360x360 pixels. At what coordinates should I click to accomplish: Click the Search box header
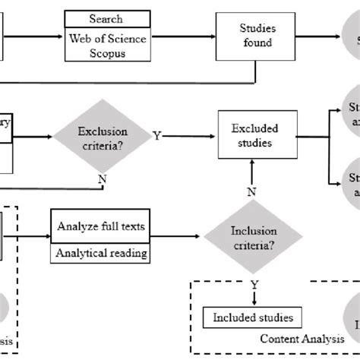click(105, 18)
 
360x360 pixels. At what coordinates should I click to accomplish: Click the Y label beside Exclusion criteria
click(157, 136)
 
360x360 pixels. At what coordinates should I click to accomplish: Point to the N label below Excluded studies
click(251, 191)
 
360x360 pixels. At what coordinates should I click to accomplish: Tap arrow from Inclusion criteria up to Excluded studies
click(251, 173)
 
